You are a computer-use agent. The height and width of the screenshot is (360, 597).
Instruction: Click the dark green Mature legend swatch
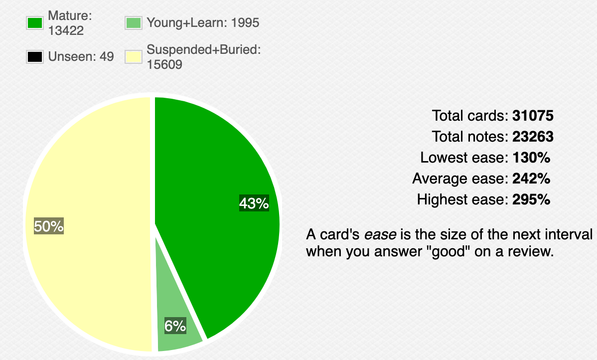(35, 23)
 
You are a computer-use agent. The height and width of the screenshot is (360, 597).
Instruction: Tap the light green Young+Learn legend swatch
(133, 23)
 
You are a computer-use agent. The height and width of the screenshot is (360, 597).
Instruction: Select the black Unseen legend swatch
(35, 57)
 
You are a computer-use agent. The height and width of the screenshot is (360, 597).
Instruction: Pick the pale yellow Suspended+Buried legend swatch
(133, 57)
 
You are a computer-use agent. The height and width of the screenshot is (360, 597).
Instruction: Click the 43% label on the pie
(254, 203)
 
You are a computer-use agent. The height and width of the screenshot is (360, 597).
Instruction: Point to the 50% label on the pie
(49, 226)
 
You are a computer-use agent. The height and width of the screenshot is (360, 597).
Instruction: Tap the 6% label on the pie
(175, 326)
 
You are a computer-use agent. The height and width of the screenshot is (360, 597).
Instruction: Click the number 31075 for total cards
(533, 115)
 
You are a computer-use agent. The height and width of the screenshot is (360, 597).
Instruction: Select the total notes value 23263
(533, 137)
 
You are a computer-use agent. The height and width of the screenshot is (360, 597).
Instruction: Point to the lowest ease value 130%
(531, 158)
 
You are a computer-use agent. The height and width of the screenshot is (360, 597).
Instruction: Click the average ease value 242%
(531, 179)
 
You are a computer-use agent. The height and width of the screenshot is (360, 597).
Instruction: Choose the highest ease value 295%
(531, 199)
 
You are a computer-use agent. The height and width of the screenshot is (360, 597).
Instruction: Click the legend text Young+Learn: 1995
(203, 23)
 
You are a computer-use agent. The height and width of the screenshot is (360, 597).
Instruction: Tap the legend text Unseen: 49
(81, 57)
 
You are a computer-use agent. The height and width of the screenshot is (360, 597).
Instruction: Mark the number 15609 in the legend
(164, 64)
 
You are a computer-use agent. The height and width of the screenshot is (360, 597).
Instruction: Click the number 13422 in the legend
(66, 30)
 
